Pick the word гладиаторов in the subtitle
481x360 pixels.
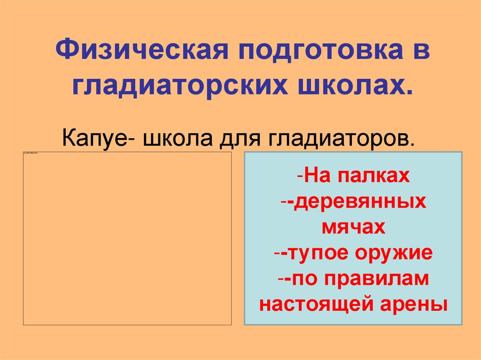pyautogui.click(x=341, y=139)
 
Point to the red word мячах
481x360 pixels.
pyautogui.click(x=353, y=228)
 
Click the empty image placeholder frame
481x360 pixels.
pyautogui.click(x=127, y=239)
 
